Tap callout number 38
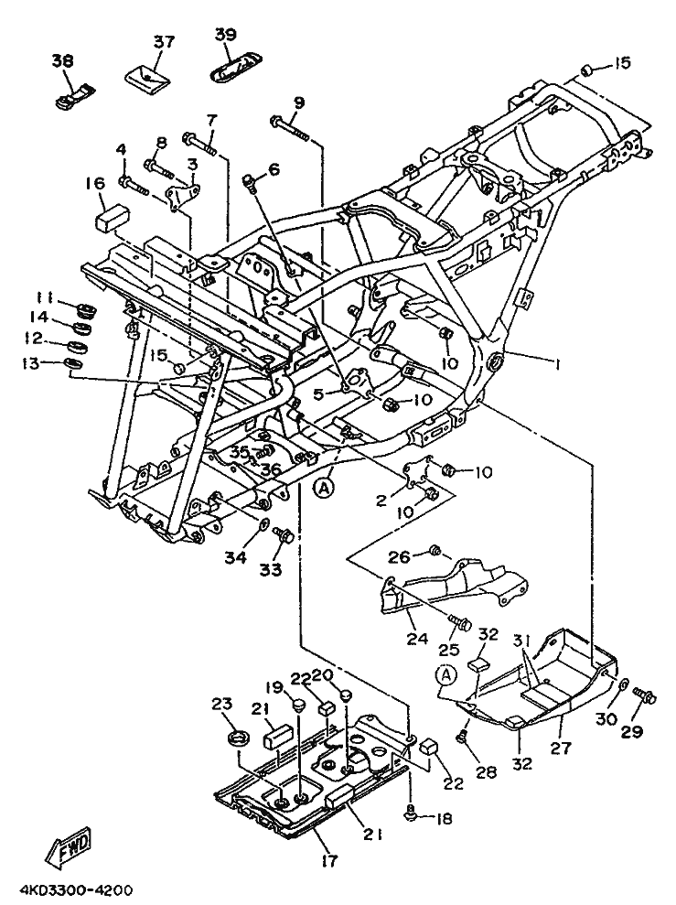62,60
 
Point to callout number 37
163,42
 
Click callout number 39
225,34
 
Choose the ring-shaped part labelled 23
239,738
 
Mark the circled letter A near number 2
322,489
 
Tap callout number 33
272,569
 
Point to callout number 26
398,555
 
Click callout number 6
249,169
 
